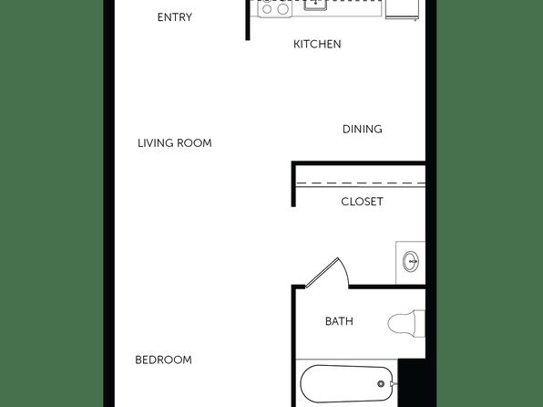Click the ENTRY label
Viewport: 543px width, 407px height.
coord(175,17)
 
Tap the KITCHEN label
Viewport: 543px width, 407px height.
coord(317,44)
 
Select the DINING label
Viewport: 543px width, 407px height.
coord(363,129)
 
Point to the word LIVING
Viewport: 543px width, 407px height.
coord(156,143)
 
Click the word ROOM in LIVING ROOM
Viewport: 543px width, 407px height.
coord(194,143)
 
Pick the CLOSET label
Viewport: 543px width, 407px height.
coord(362,202)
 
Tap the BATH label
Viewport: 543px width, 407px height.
coord(339,321)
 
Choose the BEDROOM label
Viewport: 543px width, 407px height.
coord(163,360)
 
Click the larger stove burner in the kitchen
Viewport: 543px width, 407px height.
coord(282,9)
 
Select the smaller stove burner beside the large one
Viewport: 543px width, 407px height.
coord(267,9)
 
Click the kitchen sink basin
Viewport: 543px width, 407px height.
coord(315,5)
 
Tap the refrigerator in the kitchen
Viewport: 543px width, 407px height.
coord(402,9)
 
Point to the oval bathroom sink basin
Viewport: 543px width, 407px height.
coord(411,261)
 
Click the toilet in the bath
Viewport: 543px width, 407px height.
coord(406,323)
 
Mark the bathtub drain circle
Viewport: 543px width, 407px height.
coord(381,384)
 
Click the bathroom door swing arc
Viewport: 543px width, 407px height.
coord(344,271)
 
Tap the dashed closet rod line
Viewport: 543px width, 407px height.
coord(361,183)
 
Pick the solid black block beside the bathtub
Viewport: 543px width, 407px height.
coord(412,382)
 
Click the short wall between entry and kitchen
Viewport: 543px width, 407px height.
coord(247,20)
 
